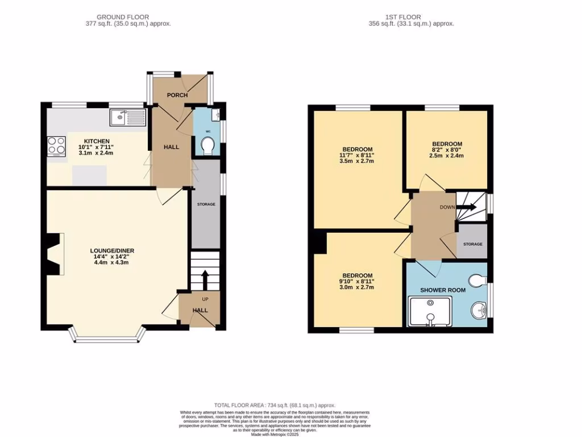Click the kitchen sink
(127, 117)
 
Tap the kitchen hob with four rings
(56, 146)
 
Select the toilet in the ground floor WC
(209, 147)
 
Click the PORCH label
(177, 95)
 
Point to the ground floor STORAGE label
(206, 204)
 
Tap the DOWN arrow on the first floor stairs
(469, 207)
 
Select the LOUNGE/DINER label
(112, 250)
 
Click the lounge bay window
(106, 339)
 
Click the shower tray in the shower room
(430, 314)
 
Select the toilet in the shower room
(478, 280)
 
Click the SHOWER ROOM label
(443, 290)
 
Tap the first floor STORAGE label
(472, 244)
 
